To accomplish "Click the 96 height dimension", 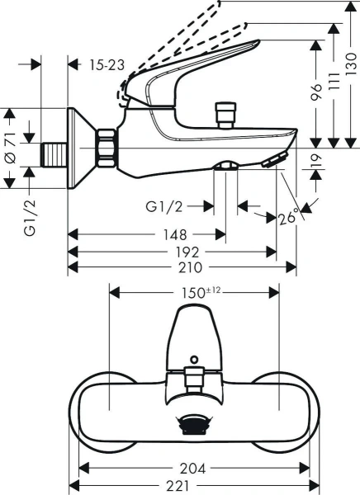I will click(x=315, y=92).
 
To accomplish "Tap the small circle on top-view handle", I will click(x=193, y=360).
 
